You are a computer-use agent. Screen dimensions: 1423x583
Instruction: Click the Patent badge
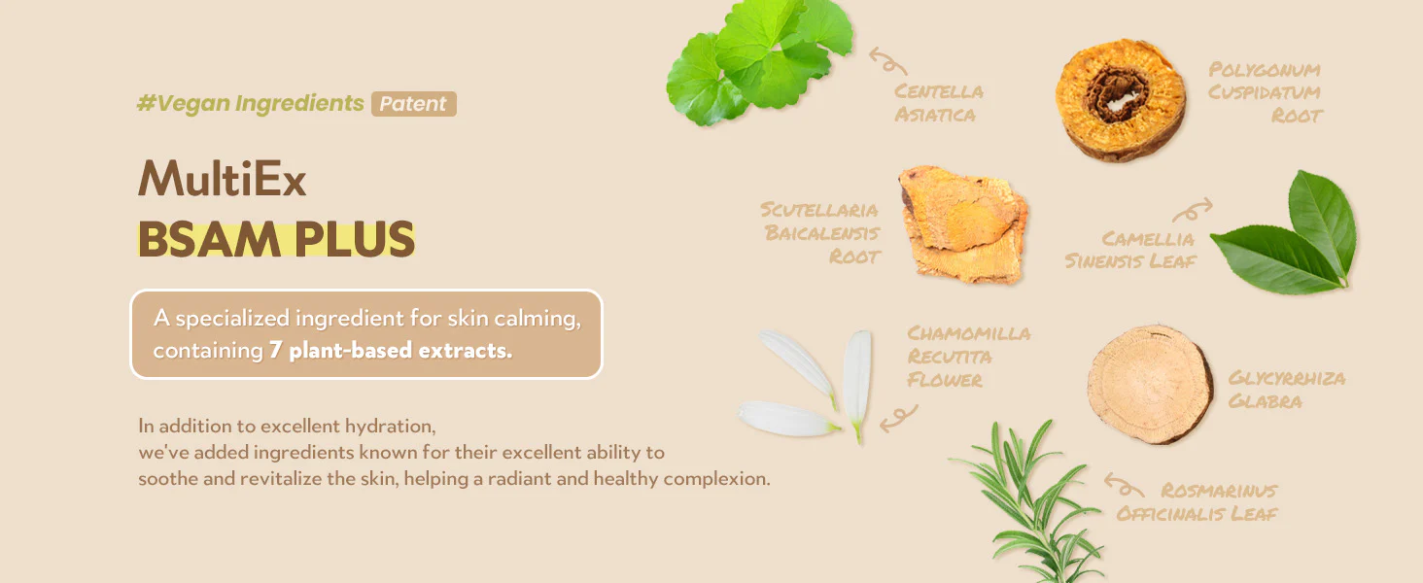(x=413, y=104)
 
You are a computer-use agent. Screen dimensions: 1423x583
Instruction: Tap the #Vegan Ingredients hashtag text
(x=251, y=103)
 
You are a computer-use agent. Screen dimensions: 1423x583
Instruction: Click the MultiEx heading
(x=223, y=178)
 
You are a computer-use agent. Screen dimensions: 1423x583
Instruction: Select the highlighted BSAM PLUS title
(x=276, y=239)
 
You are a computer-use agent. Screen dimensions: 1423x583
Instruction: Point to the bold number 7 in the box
(x=275, y=350)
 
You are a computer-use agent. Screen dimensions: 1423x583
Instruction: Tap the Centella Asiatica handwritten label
(x=938, y=103)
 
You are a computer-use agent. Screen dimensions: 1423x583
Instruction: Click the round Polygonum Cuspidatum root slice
(x=1120, y=99)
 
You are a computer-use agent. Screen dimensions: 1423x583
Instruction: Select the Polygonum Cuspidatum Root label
(x=1265, y=92)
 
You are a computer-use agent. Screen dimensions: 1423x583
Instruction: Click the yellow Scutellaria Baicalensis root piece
(x=962, y=223)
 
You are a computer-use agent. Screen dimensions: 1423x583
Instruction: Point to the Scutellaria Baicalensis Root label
(x=820, y=233)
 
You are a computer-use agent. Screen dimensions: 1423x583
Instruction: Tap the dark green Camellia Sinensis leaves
(x=1286, y=234)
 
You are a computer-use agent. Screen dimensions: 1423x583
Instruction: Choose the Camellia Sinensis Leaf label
(x=1130, y=250)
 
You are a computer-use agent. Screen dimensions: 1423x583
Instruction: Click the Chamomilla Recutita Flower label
(x=968, y=357)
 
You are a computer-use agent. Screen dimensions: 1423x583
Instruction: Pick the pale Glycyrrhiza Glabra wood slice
(x=1150, y=384)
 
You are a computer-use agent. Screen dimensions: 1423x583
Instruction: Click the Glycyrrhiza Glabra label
(x=1286, y=390)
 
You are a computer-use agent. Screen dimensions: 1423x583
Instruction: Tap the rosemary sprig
(x=1029, y=501)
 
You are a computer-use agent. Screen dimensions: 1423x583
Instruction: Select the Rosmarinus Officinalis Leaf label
(x=1197, y=501)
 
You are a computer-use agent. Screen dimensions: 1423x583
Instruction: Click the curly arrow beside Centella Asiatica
(x=887, y=61)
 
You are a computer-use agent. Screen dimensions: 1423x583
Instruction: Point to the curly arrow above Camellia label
(x=1193, y=210)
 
